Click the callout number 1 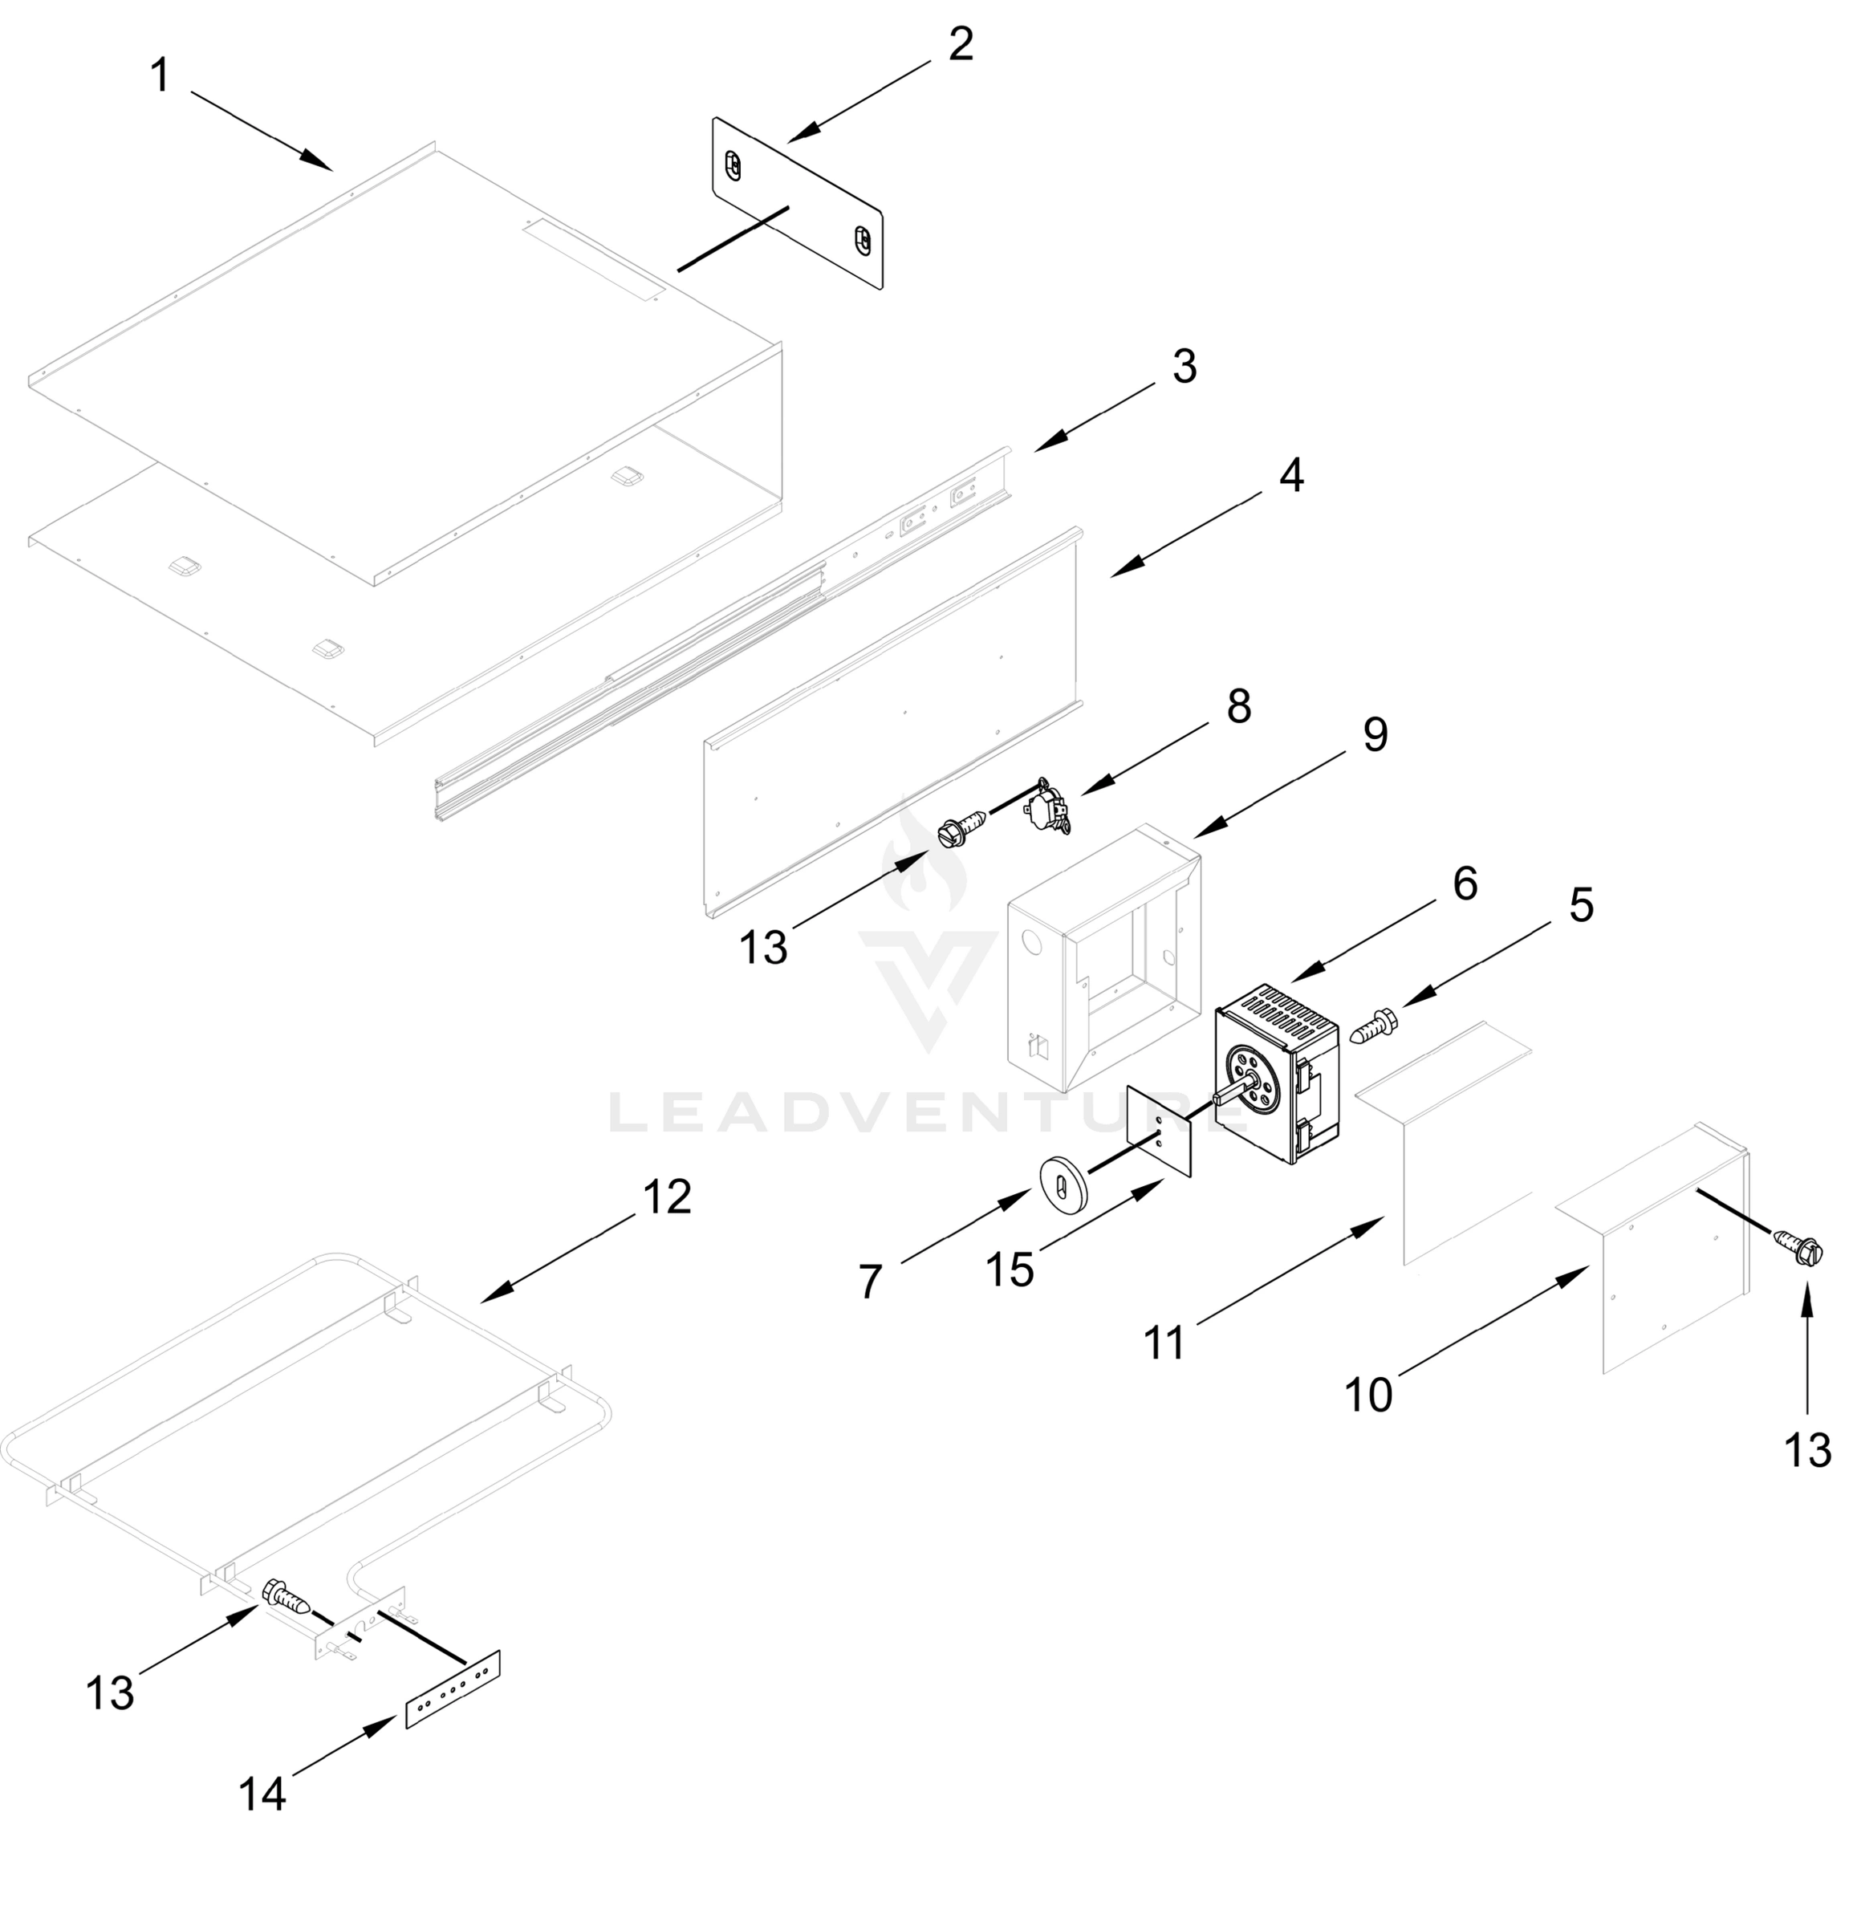click(159, 75)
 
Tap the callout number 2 click(960, 44)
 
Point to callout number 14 click(262, 1794)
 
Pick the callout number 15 click(1009, 1270)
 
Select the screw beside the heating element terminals click(286, 1599)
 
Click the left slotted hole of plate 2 click(732, 166)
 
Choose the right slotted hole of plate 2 click(862, 239)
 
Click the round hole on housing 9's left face click(1030, 941)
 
